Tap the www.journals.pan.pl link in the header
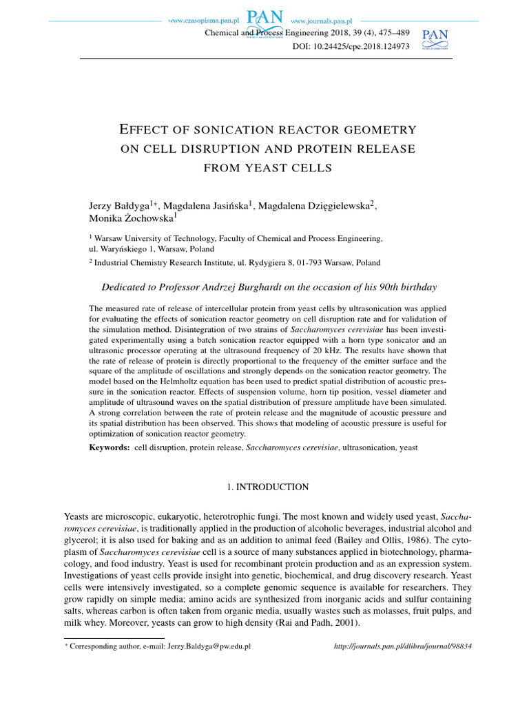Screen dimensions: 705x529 tap(326, 21)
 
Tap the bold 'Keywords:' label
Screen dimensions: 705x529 tap(110, 448)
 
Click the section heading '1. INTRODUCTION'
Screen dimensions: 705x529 tap(268, 487)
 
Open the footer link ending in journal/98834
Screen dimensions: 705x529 tap(403, 647)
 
